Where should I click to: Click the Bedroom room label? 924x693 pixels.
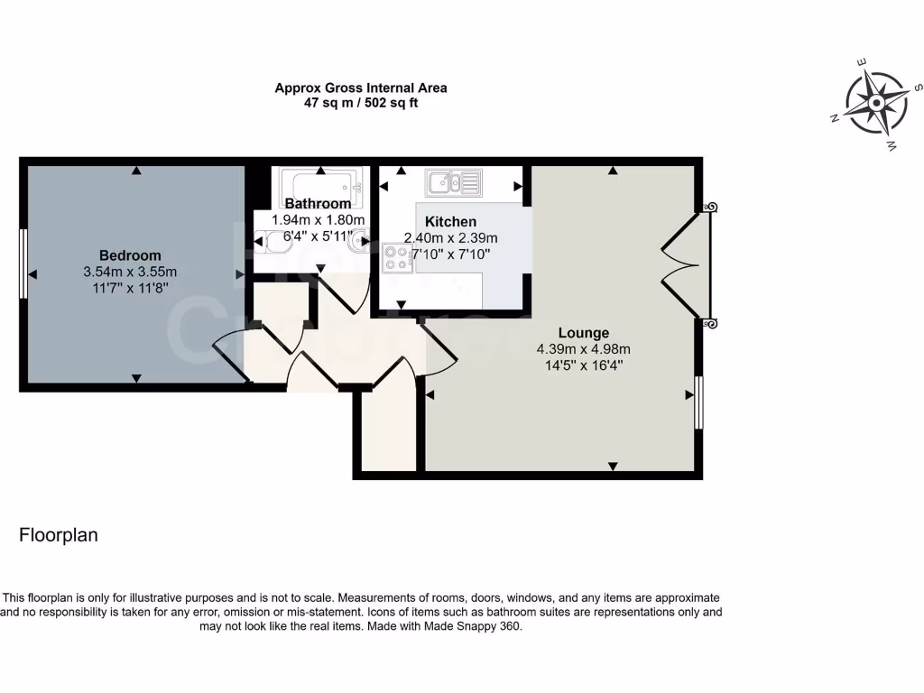[130, 255]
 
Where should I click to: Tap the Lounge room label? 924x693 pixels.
[583, 333]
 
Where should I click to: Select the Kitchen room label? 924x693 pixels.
[450, 222]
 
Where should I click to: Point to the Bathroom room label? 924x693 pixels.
[318, 204]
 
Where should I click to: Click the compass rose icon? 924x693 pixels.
[875, 103]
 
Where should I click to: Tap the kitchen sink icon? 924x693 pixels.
[455, 182]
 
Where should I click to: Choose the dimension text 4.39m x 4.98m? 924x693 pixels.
[583, 349]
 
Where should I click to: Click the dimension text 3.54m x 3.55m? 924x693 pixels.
[130, 272]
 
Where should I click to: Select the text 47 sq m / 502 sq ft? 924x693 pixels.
[361, 103]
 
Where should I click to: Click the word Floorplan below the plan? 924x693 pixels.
[59, 535]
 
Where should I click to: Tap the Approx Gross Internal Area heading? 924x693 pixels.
[361, 88]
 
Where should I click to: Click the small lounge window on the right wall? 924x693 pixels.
[699, 402]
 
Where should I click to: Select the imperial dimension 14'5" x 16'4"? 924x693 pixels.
[583, 365]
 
